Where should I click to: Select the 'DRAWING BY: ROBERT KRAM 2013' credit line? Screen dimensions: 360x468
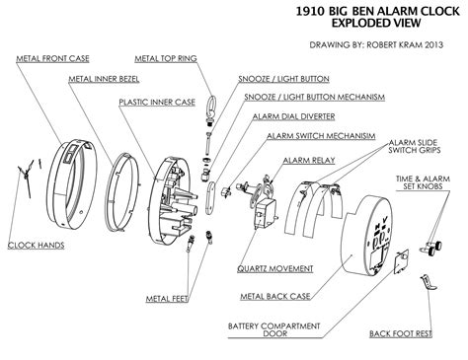coord(374,44)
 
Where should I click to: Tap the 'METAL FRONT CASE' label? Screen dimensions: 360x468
coord(54,58)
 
